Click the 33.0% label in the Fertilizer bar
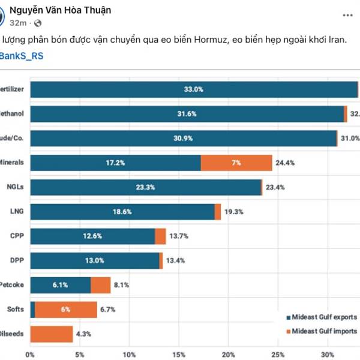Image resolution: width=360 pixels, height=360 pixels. [194, 89]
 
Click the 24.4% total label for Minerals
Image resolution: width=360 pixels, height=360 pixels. [285, 163]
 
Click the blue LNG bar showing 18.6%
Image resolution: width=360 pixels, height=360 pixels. [122, 212]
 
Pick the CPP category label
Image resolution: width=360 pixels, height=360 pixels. [17, 236]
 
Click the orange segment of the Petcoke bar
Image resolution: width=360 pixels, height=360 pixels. [101, 285]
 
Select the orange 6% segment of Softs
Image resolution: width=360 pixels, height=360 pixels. [66, 310]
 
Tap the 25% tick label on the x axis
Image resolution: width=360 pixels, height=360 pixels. [278, 354]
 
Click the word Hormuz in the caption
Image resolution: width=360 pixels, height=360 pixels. [212, 40]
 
